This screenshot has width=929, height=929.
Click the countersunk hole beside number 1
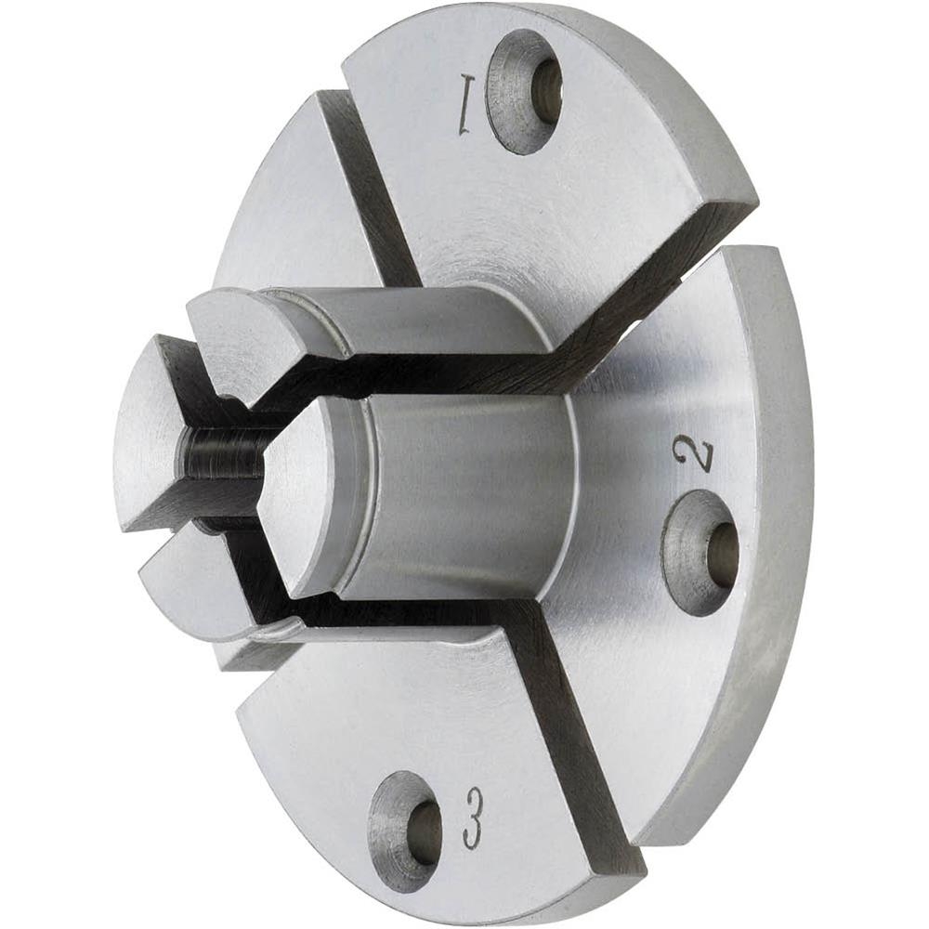[x=524, y=92]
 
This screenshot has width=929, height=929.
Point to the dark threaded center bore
[x=224, y=453]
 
